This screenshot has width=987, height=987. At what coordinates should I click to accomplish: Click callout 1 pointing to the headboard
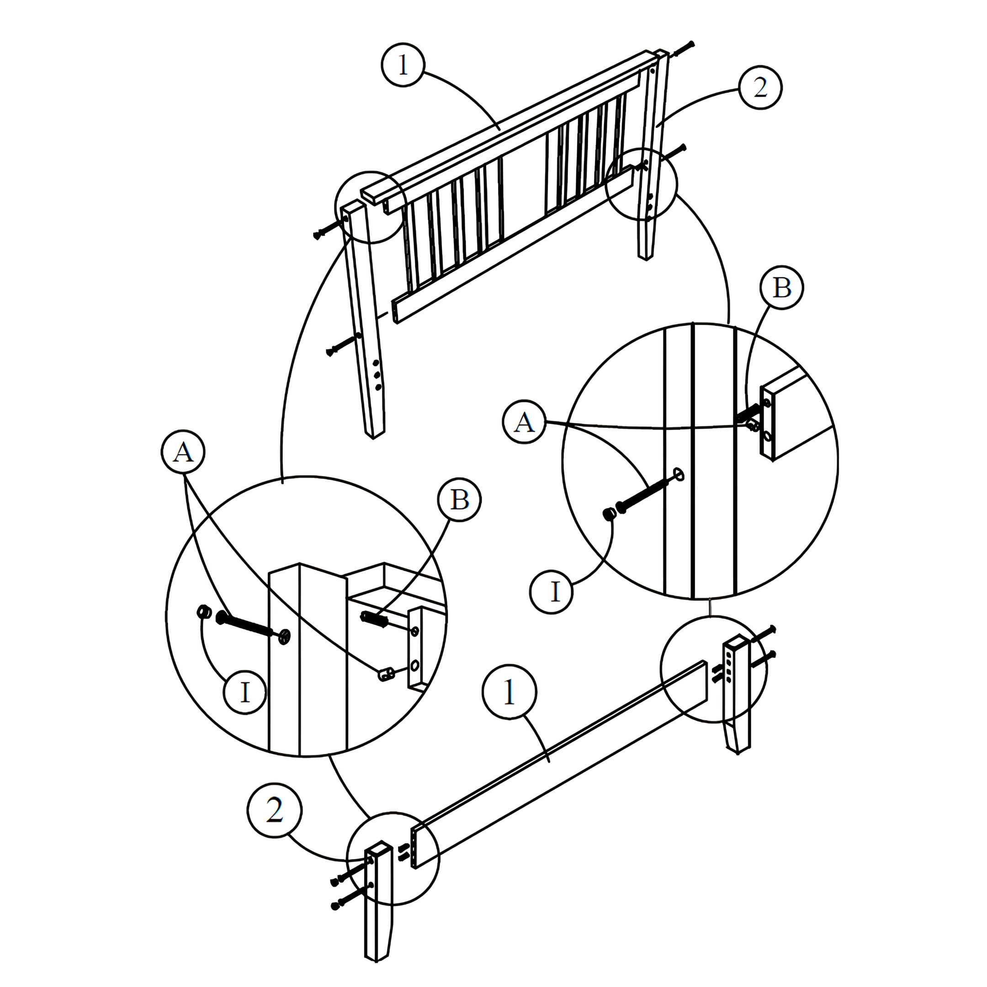pos(403,64)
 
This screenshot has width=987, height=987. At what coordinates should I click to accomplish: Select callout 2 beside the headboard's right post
pos(761,87)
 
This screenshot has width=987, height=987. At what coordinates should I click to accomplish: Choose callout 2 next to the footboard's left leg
pos(275,811)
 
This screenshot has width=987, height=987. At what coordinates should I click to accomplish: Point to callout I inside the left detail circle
pos(246,693)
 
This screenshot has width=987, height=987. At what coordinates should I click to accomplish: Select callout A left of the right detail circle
pos(524,423)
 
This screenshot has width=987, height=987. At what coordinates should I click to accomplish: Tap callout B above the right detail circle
pos(782,287)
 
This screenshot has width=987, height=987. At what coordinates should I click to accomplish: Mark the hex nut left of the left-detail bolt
pos(203,611)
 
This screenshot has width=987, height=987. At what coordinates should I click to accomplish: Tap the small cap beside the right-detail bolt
pos(609,514)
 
